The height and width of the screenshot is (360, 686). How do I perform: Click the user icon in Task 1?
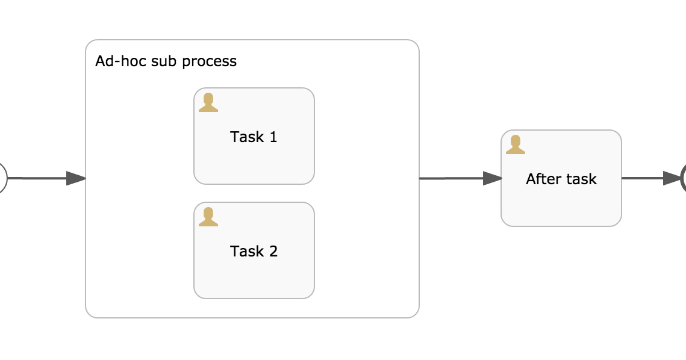point(208,103)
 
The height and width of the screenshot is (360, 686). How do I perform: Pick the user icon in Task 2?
point(208,217)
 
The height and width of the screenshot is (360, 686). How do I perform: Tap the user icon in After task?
point(516,145)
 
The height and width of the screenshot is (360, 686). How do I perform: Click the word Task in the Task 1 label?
point(246,137)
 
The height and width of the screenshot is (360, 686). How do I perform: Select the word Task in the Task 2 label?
point(246,252)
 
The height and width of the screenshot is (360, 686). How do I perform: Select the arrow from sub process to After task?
point(461,178)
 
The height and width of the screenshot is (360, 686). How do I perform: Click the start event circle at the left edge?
point(2,178)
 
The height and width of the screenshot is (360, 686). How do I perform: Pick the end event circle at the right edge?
point(684,178)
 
